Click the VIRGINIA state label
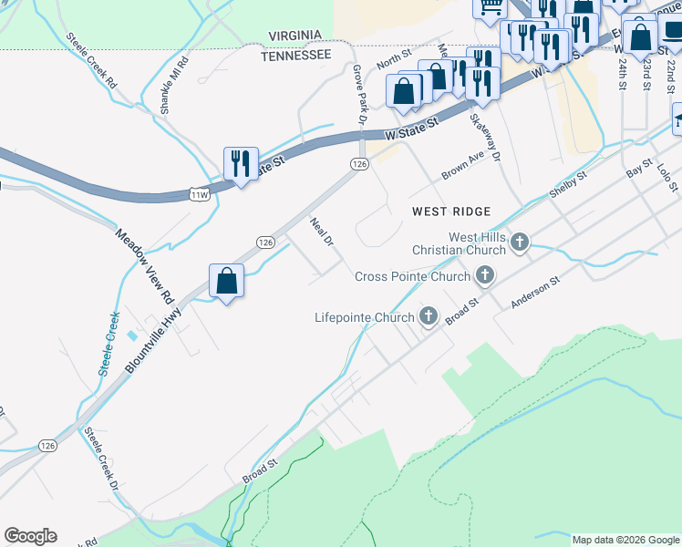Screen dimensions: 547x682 click(295, 36)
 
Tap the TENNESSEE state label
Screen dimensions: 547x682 click(295, 55)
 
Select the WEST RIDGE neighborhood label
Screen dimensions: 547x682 click(451, 211)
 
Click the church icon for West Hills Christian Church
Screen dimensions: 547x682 click(520, 243)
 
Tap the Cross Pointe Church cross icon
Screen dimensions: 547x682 click(485, 274)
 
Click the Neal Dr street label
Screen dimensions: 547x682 click(322, 232)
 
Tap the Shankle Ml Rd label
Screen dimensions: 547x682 click(174, 86)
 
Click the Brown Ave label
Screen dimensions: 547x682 click(461, 165)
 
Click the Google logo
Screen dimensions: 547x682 click(30, 536)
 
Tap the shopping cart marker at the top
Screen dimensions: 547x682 click(490, 7)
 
